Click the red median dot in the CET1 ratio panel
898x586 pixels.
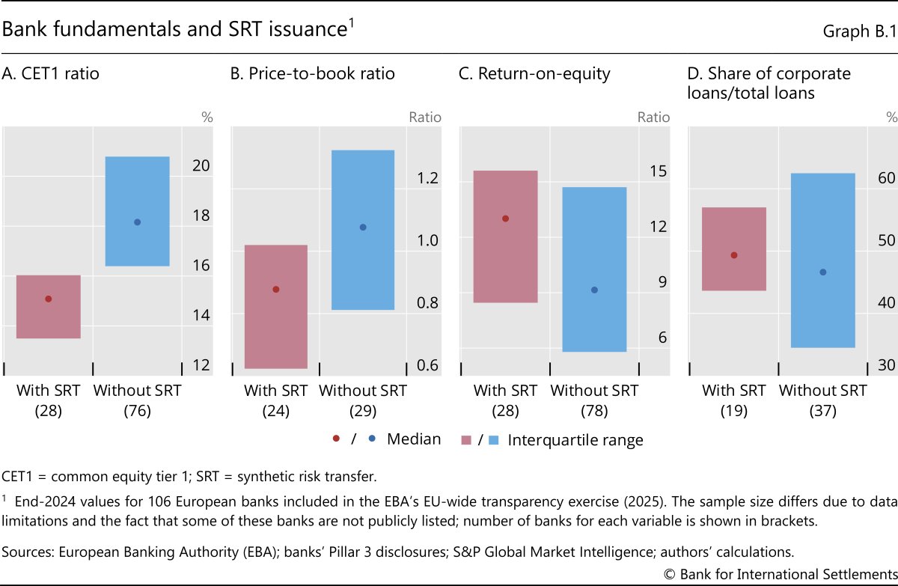pos(49,299)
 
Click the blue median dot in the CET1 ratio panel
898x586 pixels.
pos(137,222)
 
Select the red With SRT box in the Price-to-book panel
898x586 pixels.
pos(276,307)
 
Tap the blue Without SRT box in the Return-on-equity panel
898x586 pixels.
pos(594,269)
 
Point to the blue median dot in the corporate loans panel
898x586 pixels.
pos(823,272)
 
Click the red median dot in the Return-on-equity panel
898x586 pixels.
pos(505,219)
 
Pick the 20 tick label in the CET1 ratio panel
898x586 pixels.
pos(201,166)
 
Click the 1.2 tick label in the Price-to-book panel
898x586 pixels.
pos(428,178)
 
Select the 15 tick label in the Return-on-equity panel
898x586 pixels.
pos(657,171)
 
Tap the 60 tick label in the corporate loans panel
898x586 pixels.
pos(886,178)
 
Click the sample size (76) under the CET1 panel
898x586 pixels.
pos(137,410)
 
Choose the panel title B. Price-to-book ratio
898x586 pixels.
pos(311,73)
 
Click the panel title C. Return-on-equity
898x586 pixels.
pos(534,73)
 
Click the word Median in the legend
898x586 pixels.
pos(413,439)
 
